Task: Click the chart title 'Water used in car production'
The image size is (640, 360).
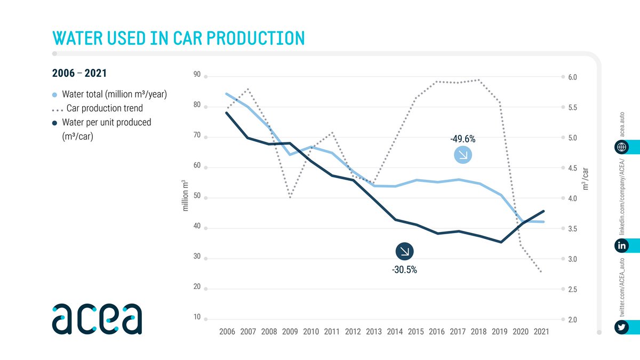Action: (x=178, y=38)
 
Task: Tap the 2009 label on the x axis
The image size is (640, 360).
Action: (x=290, y=332)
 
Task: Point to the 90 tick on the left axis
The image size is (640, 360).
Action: (x=197, y=75)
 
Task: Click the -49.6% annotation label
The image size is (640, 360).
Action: (x=462, y=139)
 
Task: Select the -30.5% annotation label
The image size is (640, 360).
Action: (x=404, y=270)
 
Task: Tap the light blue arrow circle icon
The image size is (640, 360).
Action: (x=462, y=155)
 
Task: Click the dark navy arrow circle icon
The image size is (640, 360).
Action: (x=404, y=252)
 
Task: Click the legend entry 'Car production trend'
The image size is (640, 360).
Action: (x=104, y=108)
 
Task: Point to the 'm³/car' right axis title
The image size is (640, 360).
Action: (x=586, y=180)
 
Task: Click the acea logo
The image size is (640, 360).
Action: (x=97, y=318)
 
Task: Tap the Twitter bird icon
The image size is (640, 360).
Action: (x=621, y=327)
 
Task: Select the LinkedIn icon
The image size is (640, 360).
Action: (x=621, y=245)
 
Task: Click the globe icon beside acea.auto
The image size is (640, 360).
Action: (x=621, y=147)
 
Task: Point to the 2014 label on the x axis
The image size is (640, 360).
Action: (x=395, y=332)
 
